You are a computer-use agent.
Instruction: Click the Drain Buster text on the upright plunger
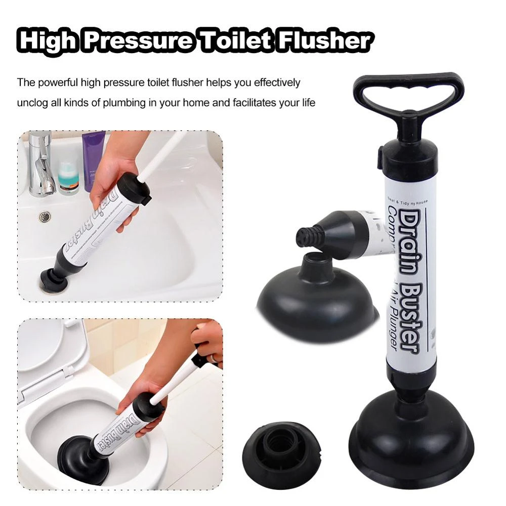tap(408, 283)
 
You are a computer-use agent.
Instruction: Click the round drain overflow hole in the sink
tap(45, 217)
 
